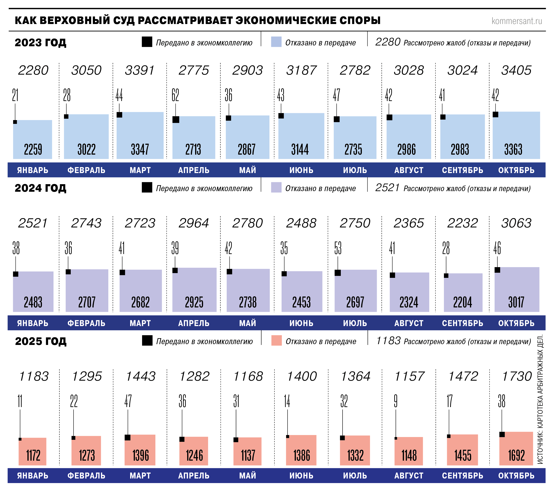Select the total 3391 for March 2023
(139, 70)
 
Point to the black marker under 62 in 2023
(176, 119)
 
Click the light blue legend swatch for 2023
(276, 42)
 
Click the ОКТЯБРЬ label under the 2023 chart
(516, 170)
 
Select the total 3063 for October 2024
(516, 223)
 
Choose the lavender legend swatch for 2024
(276, 187)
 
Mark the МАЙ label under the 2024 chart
(247, 323)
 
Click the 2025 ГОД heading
(41, 341)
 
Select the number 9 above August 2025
(396, 401)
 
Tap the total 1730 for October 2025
(517, 376)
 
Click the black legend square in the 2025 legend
(147, 341)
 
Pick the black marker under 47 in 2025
(128, 437)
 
